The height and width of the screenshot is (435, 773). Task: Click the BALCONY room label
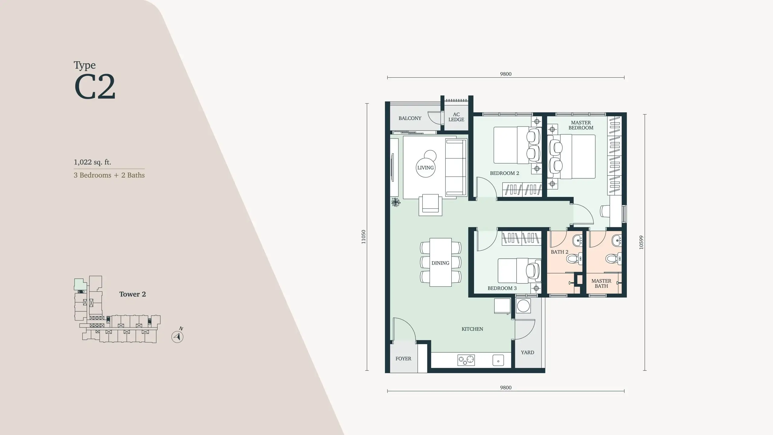coord(410,118)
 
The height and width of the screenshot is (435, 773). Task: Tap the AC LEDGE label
coord(456,117)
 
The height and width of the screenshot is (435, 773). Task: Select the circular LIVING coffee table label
coord(425,168)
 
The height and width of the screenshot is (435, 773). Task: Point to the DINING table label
coord(440,263)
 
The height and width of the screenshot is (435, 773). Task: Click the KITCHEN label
coord(472,329)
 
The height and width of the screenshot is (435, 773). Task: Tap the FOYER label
coord(403,359)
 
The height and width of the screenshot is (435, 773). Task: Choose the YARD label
coord(528,352)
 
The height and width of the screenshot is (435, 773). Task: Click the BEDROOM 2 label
coord(505,173)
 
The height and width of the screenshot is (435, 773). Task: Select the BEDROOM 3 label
coord(502,288)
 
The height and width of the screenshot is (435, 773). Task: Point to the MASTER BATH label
coord(601,283)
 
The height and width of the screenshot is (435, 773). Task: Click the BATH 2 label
coord(560,252)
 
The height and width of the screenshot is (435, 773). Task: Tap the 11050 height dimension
coord(364,237)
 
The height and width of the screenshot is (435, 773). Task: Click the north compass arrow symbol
coord(178,337)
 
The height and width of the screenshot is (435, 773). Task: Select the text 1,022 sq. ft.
coord(92,162)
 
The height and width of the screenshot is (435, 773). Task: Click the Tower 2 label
coord(133,294)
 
